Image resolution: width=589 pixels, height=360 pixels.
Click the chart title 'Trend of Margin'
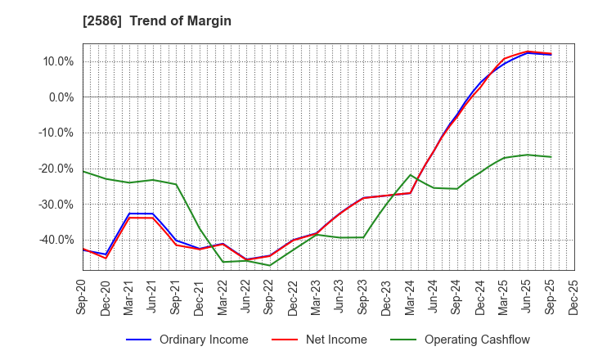tap(180, 21)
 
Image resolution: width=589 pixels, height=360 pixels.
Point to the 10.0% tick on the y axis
tap(60, 61)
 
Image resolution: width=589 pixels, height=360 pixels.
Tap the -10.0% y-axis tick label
tap(58, 133)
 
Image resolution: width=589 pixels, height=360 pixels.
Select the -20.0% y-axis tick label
tap(58, 169)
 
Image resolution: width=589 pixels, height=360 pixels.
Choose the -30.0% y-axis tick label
tap(58, 204)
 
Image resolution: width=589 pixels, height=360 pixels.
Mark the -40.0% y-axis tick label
tap(58, 240)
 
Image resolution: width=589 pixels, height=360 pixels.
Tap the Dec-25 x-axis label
tap(573, 299)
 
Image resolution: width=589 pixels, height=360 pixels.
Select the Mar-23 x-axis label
tap(317, 299)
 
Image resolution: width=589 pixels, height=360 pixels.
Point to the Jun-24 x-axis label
tap(434, 299)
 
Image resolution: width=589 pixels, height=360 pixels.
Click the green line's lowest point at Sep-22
tap(270, 265)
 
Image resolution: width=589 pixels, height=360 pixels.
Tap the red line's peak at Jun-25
tap(527, 52)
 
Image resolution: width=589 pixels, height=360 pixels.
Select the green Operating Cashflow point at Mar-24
tap(410, 175)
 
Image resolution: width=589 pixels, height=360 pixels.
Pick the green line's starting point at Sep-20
tap(83, 171)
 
